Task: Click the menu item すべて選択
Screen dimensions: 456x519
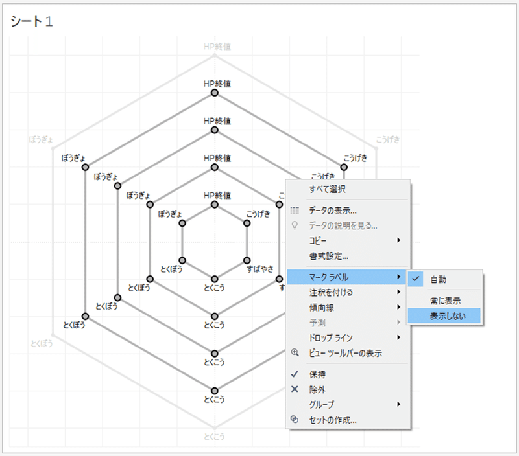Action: point(327,190)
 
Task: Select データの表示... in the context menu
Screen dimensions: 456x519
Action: point(332,211)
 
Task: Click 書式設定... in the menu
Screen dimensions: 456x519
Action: point(328,256)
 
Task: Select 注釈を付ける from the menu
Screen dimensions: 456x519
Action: point(331,292)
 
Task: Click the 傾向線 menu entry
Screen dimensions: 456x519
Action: point(322,307)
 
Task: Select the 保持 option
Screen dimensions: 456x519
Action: point(317,374)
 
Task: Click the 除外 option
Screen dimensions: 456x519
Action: point(317,389)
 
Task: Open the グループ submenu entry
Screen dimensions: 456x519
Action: point(322,405)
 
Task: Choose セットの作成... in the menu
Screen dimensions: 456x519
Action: point(333,420)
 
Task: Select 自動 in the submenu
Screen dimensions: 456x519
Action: point(438,279)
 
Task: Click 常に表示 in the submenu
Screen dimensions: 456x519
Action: point(445,301)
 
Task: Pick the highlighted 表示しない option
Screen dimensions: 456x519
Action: point(445,316)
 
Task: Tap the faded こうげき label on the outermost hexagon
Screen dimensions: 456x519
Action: point(389,139)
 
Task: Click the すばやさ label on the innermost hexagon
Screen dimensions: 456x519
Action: point(260,268)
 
